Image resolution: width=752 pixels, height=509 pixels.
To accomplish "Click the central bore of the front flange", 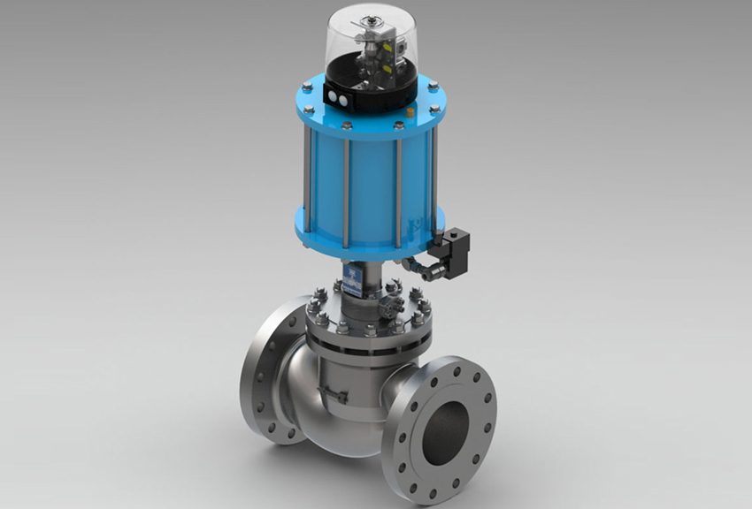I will pyautogui.click(x=447, y=423).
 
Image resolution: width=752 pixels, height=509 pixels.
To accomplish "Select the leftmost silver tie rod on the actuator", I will pyautogui.click(x=306, y=180).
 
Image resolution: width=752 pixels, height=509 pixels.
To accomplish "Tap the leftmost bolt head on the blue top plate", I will pyautogui.click(x=304, y=87).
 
